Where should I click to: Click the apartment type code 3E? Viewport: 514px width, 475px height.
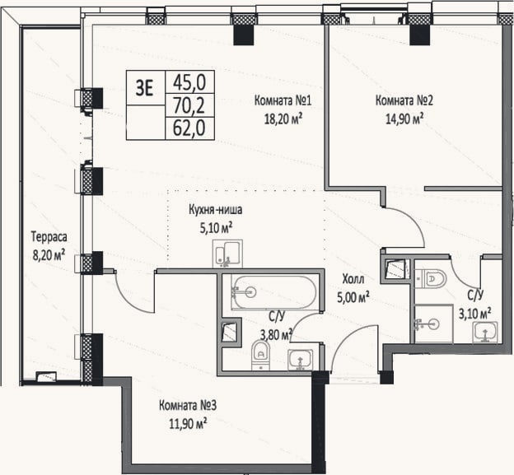pyautogui.click(x=145, y=88)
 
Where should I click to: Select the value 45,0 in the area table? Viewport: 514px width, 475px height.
pyautogui.click(x=189, y=82)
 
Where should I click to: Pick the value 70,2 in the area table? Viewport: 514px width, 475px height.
pyautogui.click(x=189, y=105)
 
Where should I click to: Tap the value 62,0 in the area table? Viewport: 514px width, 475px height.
pyautogui.click(x=189, y=128)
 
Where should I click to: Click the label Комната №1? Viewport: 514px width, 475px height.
pyautogui.click(x=283, y=100)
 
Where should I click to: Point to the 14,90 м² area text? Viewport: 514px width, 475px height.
pyautogui.click(x=404, y=119)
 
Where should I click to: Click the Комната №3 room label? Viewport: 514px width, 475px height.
pyautogui.click(x=188, y=406)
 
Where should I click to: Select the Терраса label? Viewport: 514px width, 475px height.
pyautogui.click(x=49, y=236)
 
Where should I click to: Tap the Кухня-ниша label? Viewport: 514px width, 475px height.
pyautogui.click(x=216, y=210)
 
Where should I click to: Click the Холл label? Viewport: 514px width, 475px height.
pyautogui.click(x=353, y=279)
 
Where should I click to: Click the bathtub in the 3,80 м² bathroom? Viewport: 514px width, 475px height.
pyautogui.click(x=274, y=292)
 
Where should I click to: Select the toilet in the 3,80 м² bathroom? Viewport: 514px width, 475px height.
pyautogui.click(x=260, y=355)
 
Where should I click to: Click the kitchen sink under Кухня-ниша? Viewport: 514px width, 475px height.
pyautogui.click(x=227, y=254)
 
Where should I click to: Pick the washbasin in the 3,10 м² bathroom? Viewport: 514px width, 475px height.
pyautogui.click(x=485, y=333)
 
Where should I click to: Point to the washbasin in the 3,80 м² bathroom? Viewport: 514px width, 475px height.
pyautogui.click(x=301, y=360)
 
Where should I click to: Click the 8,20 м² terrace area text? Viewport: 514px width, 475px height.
pyautogui.click(x=49, y=254)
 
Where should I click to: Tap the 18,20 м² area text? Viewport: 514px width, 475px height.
pyautogui.click(x=283, y=119)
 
